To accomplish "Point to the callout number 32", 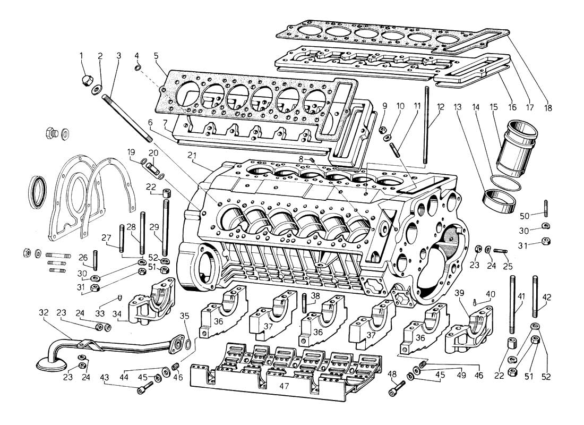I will [44, 313].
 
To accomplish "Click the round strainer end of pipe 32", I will [51, 364].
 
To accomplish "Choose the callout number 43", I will [105, 377].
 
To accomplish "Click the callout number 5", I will [156, 55].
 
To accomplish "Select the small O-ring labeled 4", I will [138, 67].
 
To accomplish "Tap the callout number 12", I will [440, 106].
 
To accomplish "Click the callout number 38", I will [315, 295].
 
